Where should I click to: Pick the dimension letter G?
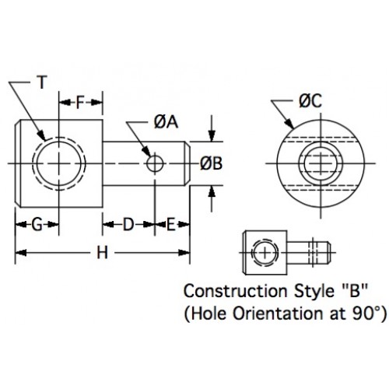pyautogui.click(x=37, y=225)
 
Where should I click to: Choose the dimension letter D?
pyautogui.click(x=128, y=225)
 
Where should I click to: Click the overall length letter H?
pyautogui.click(x=101, y=252)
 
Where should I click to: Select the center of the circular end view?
pyautogui.click(x=316, y=163)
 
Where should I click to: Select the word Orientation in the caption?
pyautogui.click(x=260, y=316)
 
